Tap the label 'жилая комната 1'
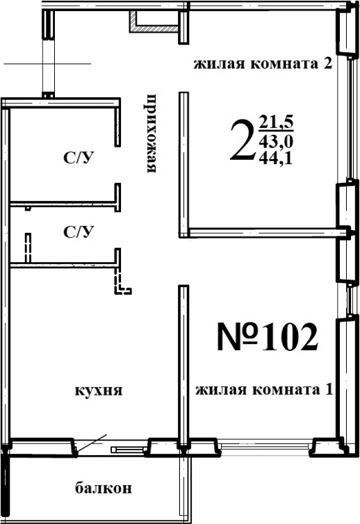[x=264, y=390]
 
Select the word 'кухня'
[x=99, y=391]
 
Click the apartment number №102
[x=268, y=338]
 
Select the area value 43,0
[x=276, y=141]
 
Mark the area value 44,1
[x=276, y=157]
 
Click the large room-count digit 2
[x=241, y=140]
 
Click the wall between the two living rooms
[x=264, y=231]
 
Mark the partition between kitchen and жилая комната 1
[x=183, y=361]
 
